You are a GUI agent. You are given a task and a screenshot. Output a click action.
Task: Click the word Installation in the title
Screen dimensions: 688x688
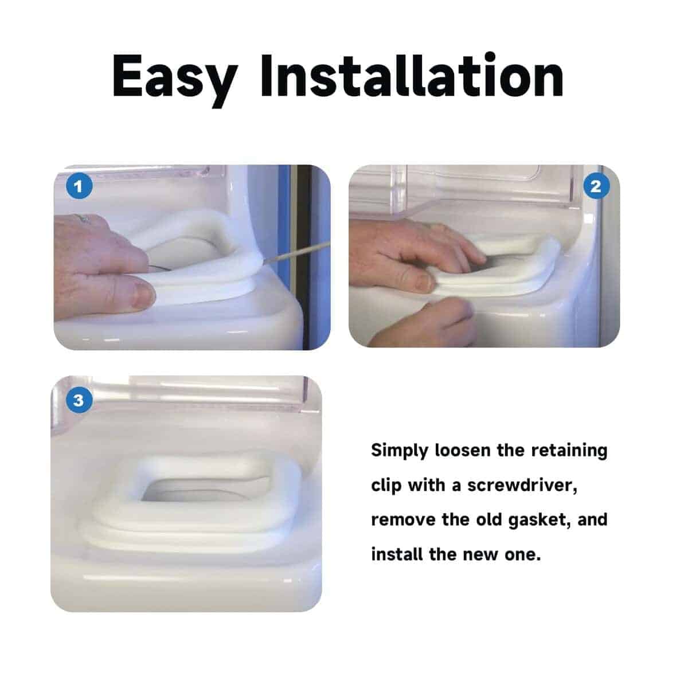412,76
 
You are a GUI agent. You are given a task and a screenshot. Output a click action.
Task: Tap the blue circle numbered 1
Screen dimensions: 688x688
79,186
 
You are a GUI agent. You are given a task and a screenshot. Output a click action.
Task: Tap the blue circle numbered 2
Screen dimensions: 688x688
596,186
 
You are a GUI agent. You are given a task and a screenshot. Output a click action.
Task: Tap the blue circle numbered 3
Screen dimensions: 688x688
79,400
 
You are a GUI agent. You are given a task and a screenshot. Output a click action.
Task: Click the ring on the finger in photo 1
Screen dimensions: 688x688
83,218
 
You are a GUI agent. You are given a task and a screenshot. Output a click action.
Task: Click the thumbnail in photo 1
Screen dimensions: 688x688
142,295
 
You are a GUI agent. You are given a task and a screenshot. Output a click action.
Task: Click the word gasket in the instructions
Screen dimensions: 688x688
538,521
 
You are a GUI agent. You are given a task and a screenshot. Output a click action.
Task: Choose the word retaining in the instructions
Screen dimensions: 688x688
569,451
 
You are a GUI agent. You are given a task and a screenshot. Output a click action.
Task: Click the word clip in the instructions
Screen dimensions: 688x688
386,486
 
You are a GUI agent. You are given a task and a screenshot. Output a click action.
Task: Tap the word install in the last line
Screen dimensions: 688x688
397,555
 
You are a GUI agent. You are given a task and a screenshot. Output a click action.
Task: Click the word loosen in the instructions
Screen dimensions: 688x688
462,451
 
